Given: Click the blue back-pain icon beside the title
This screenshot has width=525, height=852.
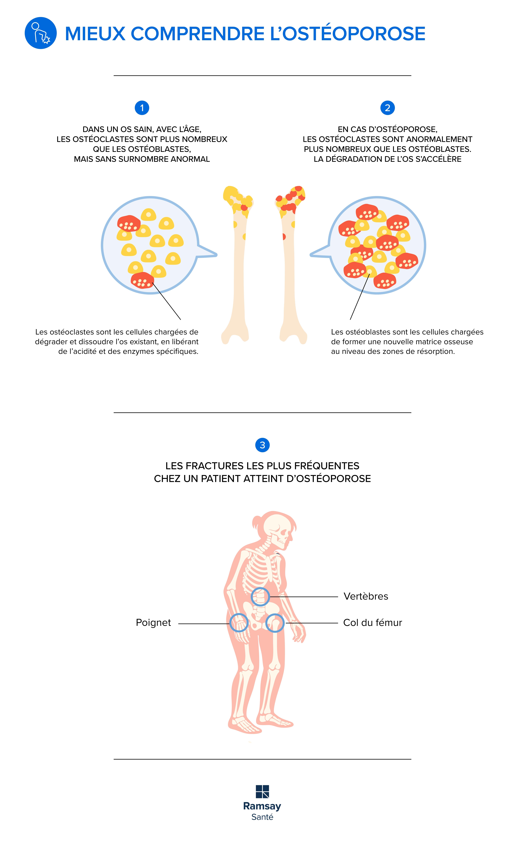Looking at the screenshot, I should (x=41, y=33).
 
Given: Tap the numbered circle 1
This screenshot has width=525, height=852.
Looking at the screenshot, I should (x=142, y=108).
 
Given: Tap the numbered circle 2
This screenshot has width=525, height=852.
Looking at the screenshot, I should (x=388, y=108).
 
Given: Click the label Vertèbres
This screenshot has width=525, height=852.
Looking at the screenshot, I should (x=366, y=596).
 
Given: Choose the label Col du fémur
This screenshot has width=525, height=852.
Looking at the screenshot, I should (x=372, y=623).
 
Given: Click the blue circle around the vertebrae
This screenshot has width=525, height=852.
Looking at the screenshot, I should (x=260, y=597).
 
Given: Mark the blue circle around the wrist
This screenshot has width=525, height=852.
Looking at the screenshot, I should (x=239, y=623).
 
